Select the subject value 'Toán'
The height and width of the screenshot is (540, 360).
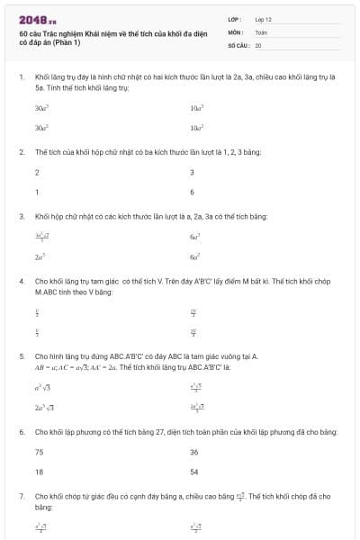point(261,31)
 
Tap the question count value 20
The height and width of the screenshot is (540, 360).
point(258,44)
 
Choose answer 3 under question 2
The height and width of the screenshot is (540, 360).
point(192,172)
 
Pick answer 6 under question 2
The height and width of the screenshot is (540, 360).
point(192,192)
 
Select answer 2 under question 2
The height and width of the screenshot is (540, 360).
point(37,172)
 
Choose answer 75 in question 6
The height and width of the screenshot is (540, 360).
point(39,452)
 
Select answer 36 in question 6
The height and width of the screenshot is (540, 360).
point(194,452)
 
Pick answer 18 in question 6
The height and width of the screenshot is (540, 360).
point(39,471)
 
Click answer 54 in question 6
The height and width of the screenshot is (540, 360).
point(194,471)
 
